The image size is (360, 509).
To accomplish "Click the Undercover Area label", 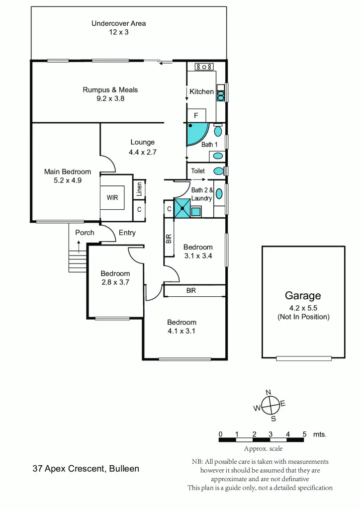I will pyautogui.click(x=118, y=23).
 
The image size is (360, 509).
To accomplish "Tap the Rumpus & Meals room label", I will pyautogui.click(x=110, y=90).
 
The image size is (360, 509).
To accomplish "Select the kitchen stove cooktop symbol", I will pyautogui.click(x=204, y=67).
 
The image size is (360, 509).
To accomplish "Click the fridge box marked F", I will pyautogui.click(x=196, y=115).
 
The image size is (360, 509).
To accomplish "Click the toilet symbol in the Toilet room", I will pyautogui.click(x=218, y=171).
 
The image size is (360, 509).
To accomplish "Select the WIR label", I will pyautogui.click(x=112, y=197).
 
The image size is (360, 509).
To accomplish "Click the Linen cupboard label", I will pyautogui.click(x=139, y=189).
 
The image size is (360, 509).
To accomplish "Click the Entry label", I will pyautogui.click(x=127, y=233).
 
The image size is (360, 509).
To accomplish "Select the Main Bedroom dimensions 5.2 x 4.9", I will pyautogui.click(x=68, y=180).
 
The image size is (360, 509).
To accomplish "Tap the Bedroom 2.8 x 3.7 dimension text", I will pyautogui.click(x=115, y=282).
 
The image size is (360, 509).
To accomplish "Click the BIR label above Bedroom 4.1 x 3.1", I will pyautogui.click(x=191, y=290).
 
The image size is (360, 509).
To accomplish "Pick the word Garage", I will pyautogui.click(x=303, y=296).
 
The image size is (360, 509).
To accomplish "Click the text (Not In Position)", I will pyautogui.click(x=303, y=317).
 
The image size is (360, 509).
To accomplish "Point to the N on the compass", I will pyautogui.click(x=269, y=393).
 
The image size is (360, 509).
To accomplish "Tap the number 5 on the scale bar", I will pyautogui.click(x=304, y=434).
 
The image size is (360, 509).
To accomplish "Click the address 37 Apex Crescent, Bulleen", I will pyautogui.click(x=86, y=468).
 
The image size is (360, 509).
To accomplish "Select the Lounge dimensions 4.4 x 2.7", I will pyautogui.click(x=143, y=152).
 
